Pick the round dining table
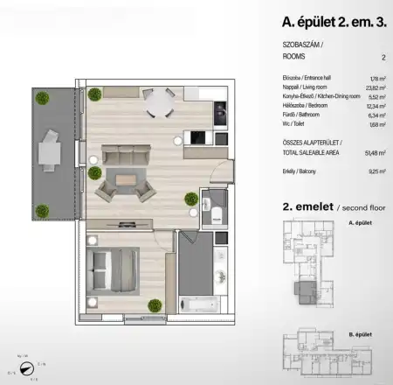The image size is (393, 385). click(159, 103)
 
